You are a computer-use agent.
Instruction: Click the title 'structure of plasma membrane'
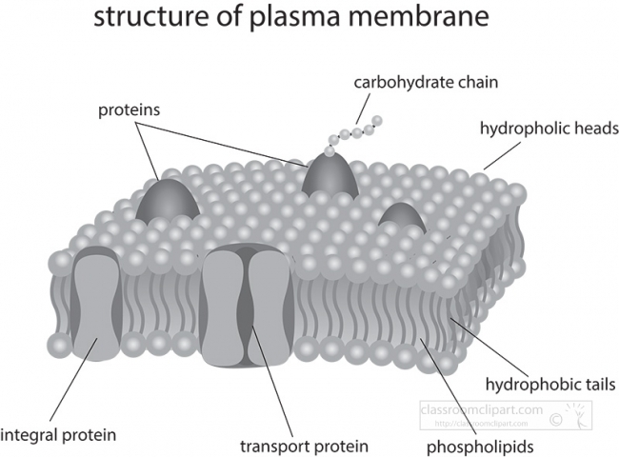pyautogui.click(x=309, y=19)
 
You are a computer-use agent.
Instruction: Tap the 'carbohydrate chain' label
pyautogui.click(x=425, y=82)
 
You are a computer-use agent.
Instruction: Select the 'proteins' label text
pyautogui.click(x=129, y=109)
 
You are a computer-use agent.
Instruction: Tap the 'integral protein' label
pyautogui.click(x=58, y=435)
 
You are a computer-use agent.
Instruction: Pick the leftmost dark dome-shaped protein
pyautogui.click(x=168, y=200)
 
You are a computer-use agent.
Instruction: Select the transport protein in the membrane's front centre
pyautogui.click(x=246, y=305)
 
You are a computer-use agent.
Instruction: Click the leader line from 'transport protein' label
pyautogui.click(x=273, y=390)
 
